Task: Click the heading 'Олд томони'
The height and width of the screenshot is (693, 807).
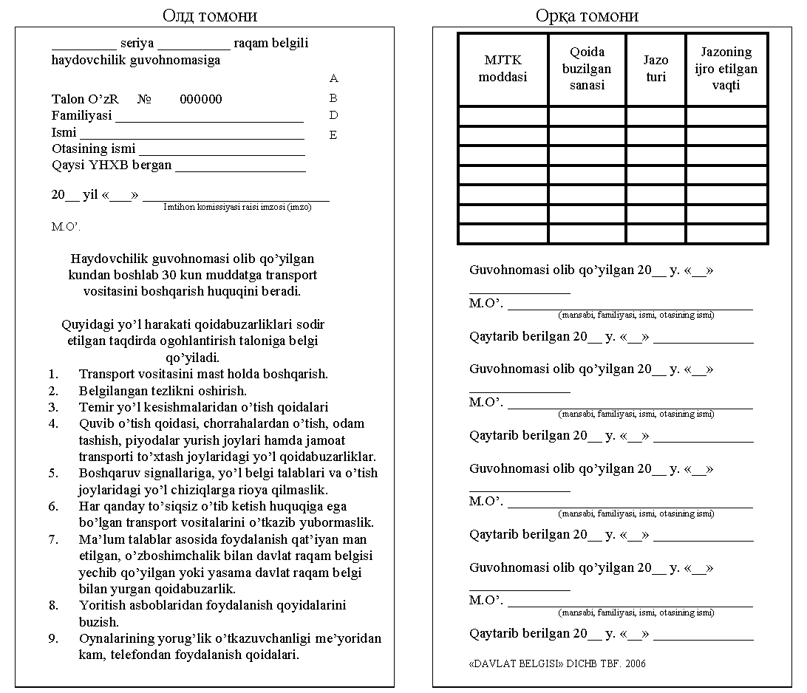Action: tap(209, 16)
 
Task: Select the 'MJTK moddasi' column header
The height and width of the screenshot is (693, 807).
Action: tap(503, 69)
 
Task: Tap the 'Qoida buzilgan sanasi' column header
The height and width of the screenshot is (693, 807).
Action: tap(587, 69)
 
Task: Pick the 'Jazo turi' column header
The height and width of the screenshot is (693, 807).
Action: tap(656, 69)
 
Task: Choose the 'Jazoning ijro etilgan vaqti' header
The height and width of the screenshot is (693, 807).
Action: tap(726, 69)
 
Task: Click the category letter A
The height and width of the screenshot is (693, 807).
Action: tap(333, 78)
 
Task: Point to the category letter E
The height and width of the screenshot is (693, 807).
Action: tap(333, 135)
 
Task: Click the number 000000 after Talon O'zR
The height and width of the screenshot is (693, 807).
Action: tap(201, 100)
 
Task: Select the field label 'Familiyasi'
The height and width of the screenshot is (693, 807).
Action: tap(81, 116)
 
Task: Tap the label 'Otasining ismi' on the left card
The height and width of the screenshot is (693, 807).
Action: tap(94, 149)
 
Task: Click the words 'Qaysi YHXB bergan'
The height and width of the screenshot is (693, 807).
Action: tap(112, 165)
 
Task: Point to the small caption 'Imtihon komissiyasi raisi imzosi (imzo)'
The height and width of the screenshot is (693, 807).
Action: tap(237, 208)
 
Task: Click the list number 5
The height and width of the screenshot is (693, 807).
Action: tap(53, 474)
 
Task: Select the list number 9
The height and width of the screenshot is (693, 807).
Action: tap(53, 639)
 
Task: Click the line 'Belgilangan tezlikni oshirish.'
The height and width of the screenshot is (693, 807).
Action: tap(163, 391)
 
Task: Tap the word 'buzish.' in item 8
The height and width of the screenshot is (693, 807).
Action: tap(99, 622)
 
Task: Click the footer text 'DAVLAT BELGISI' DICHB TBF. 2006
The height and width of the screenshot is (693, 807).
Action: tap(557, 663)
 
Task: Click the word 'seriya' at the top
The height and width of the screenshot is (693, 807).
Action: tap(137, 44)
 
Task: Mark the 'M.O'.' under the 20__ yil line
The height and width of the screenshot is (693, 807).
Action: tap(66, 227)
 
